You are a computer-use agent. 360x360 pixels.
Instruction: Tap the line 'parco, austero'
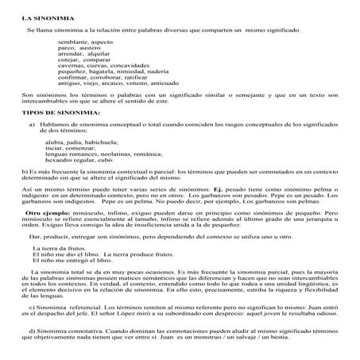(x=79, y=48)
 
